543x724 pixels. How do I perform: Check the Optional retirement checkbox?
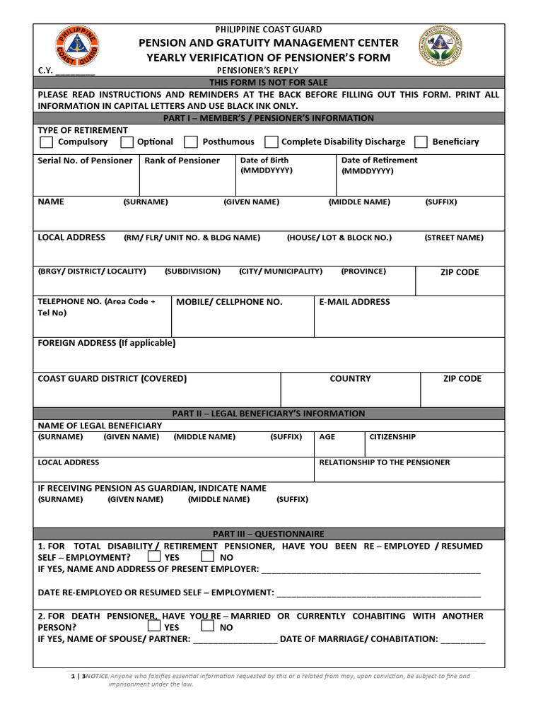pos(127,142)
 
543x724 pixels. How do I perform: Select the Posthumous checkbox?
pos(191,142)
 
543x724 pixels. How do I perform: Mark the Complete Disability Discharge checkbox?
pos(271,142)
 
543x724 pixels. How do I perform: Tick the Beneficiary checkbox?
pos(421,142)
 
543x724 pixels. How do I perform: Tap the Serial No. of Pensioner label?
pos(85,160)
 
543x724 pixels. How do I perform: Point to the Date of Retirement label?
pos(379,160)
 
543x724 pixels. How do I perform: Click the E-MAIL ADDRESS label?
pos(354,302)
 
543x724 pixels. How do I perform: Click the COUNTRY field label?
pos(350,379)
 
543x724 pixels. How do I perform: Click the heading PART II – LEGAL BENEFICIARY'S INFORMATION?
pos(269,414)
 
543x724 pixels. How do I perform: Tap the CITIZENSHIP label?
pos(392,437)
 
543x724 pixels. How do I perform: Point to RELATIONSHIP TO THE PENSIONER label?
pos(384,462)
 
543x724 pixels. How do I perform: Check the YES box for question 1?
pos(154,557)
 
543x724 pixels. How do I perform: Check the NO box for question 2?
pos(208,626)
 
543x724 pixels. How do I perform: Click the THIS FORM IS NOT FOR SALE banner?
pos(269,83)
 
